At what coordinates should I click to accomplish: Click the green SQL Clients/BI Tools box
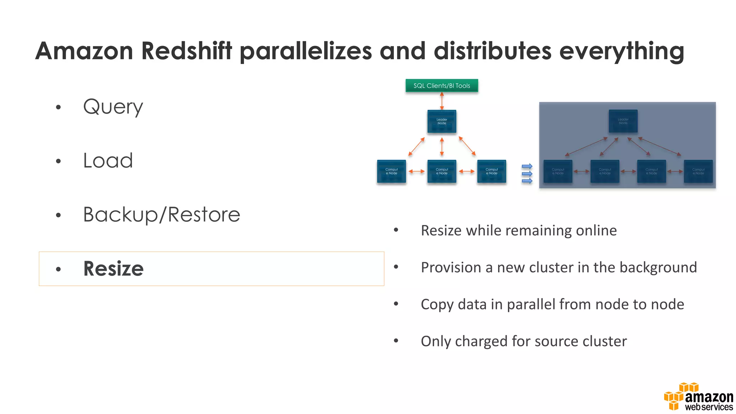click(x=442, y=86)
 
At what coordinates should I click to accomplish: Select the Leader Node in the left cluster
click(x=442, y=121)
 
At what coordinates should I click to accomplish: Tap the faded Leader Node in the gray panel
click(x=623, y=121)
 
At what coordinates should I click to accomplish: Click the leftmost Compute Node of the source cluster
click(x=391, y=171)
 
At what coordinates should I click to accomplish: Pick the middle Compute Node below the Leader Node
click(x=442, y=171)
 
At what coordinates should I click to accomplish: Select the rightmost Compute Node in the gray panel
click(x=698, y=171)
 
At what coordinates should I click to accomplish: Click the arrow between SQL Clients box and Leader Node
click(x=442, y=101)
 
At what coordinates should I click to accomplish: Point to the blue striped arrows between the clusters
click(x=527, y=174)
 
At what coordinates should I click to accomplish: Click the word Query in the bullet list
click(x=113, y=107)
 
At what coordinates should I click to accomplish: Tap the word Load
click(x=108, y=161)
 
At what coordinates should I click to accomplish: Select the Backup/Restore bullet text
click(x=161, y=215)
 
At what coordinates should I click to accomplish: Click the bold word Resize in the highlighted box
click(x=113, y=268)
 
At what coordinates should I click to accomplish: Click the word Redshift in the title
click(x=187, y=51)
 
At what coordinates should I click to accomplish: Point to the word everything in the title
click(x=621, y=51)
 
